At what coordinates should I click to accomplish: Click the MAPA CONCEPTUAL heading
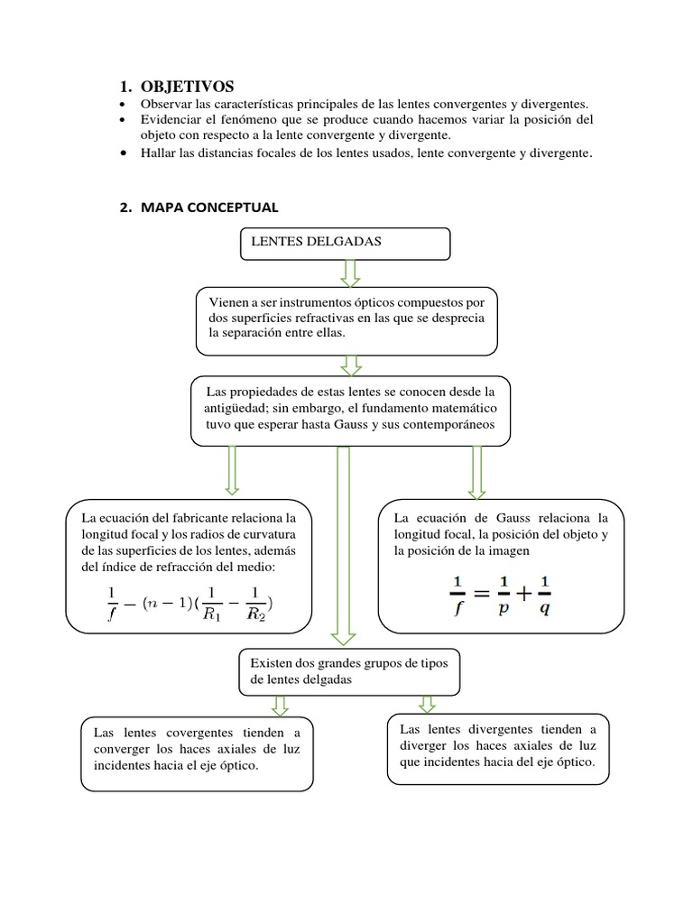(x=208, y=208)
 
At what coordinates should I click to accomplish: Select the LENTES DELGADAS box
(x=344, y=242)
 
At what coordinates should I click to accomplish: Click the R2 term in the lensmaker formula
(x=255, y=605)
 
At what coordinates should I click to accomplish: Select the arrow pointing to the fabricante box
(x=232, y=470)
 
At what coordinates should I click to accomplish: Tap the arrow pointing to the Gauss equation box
(x=477, y=471)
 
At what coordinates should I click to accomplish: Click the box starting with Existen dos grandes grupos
(x=349, y=671)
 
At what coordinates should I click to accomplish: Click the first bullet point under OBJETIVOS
(x=124, y=105)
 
